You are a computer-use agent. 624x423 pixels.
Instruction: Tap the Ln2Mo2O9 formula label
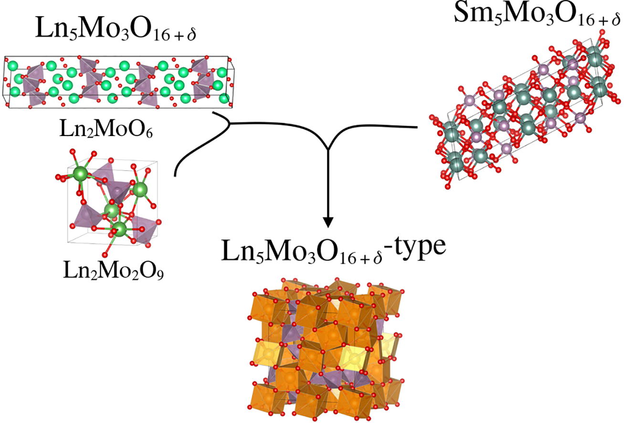[x=113, y=271]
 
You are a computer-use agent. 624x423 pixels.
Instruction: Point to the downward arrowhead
[x=328, y=222]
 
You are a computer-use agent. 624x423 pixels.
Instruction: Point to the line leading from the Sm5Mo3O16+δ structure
[x=382, y=126]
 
